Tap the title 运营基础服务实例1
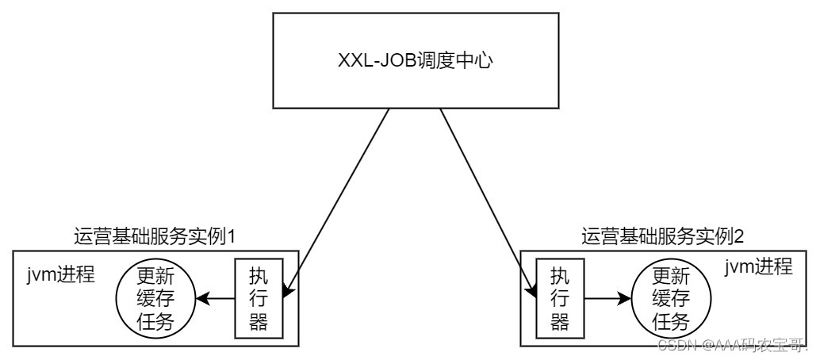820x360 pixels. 155,236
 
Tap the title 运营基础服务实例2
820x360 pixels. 663,236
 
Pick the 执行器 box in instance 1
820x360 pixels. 255,298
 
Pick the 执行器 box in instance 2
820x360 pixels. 560,298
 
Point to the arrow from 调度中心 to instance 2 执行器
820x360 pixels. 484,198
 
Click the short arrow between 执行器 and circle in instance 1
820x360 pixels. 215,299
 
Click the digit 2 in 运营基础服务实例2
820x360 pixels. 743,236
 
